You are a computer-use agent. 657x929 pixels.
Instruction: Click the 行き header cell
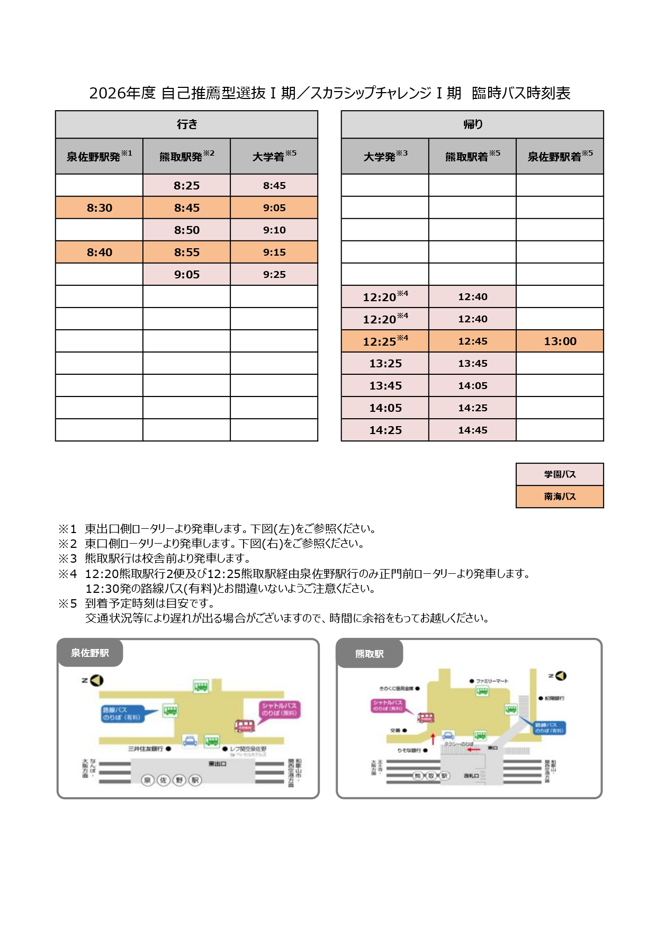[x=186, y=124]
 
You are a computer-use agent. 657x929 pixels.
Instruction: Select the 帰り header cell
[x=472, y=124]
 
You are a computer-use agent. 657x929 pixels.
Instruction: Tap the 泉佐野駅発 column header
[x=99, y=156]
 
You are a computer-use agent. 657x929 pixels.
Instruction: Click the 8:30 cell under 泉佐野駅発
[x=99, y=208]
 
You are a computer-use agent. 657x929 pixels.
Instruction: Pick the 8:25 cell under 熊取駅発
[x=186, y=185]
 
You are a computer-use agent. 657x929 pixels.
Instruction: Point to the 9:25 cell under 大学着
[x=274, y=274]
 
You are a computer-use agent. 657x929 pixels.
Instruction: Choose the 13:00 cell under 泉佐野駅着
[x=560, y=341]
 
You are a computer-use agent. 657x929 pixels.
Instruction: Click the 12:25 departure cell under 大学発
[x=385, y=341]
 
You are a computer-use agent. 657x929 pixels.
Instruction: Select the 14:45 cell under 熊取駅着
[x=472, y=430]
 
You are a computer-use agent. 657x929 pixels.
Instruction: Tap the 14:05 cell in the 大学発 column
[x=385, y=408]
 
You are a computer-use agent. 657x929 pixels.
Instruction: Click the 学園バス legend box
[x=560, y=474]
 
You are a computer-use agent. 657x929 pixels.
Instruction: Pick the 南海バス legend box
[x=560, y=497]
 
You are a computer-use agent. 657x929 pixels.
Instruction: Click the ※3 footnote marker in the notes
[x=68, y=558]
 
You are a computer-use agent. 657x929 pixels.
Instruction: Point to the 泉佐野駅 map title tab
[x=90, y=653]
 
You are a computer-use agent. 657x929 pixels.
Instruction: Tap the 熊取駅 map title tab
[x=370, y=654]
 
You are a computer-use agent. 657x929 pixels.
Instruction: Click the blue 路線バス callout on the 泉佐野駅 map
[x=123, y=714]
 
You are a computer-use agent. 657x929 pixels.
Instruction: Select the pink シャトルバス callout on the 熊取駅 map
[x=388, y=705]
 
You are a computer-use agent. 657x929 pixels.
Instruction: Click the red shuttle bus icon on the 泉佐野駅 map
[x=245, y=726]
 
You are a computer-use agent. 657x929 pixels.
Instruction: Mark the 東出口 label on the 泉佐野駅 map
[x=217, y=764]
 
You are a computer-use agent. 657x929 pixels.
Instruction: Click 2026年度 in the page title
[x=122, y=93]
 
